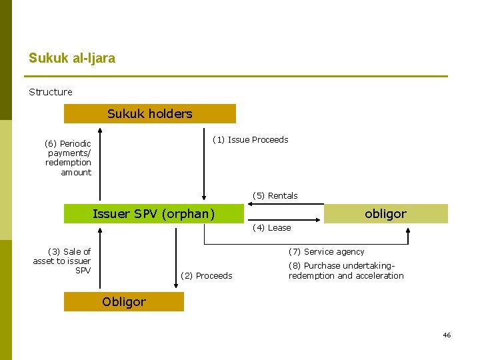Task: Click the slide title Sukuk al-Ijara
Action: click(x=72, y=58)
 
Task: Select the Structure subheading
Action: click(x=51, y=92)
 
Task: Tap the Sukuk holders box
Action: click(x=150, y=114)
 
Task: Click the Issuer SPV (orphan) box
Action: click(x=154, y=214)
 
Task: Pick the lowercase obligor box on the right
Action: click(x=385, y=214)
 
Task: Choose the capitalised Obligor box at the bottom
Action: click(x=124, y=302)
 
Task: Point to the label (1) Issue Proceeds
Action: click(x=250, y=140)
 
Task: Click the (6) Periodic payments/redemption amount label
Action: click(x=68, y=158)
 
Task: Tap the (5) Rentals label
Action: click(x=275, y=195)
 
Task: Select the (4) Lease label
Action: click(x=271, y=228)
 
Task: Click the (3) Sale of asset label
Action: click(x=62, y=261)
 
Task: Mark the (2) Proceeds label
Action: click(x=207, y=276)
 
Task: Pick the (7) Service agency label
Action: click(x=326, y=252)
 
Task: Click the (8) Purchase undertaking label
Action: click(x=346, y=271)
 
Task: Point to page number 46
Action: click(x=447, y=335)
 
